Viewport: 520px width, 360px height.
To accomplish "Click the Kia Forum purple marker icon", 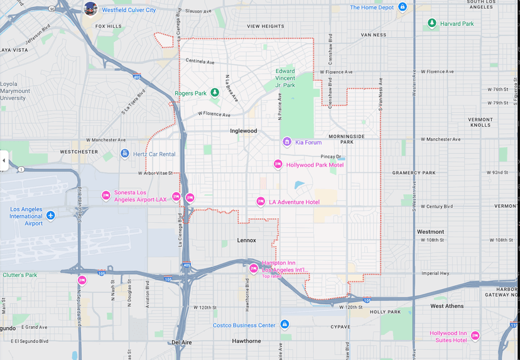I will click(287, 142).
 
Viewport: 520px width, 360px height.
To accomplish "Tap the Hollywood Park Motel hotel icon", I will click(278, 165).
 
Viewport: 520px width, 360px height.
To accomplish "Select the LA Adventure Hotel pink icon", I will click(261, 202).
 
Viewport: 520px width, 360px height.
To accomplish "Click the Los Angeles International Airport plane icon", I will click(51, 215).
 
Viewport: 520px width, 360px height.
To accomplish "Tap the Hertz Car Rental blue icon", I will click(125, 154).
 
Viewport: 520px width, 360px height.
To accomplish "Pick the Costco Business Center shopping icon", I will click(284, 325).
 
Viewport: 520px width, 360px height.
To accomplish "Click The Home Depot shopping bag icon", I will click(403, 7).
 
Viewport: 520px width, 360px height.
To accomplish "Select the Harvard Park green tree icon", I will click(431, 23).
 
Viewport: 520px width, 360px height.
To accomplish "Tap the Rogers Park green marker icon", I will click(214, 93).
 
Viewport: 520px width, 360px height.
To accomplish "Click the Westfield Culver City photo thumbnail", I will click(91, 9).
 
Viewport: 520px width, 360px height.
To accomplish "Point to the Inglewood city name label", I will click(243, 131).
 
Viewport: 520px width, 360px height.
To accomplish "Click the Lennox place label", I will click(246, 240).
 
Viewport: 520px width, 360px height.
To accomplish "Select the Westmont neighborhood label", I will click(430, 232).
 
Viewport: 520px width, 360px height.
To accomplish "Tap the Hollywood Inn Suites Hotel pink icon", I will click(475, 335).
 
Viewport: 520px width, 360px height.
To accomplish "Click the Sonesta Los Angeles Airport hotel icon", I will click(106, 195).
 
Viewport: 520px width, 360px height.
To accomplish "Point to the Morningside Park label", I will click(346, 139).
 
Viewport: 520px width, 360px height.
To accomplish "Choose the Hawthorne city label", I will click(246, 341).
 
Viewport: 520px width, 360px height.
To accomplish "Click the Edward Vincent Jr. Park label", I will click(284, 78).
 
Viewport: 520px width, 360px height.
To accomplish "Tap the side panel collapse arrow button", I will click(4, 160).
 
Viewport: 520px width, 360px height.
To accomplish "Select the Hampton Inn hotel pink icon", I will click(254, 268).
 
